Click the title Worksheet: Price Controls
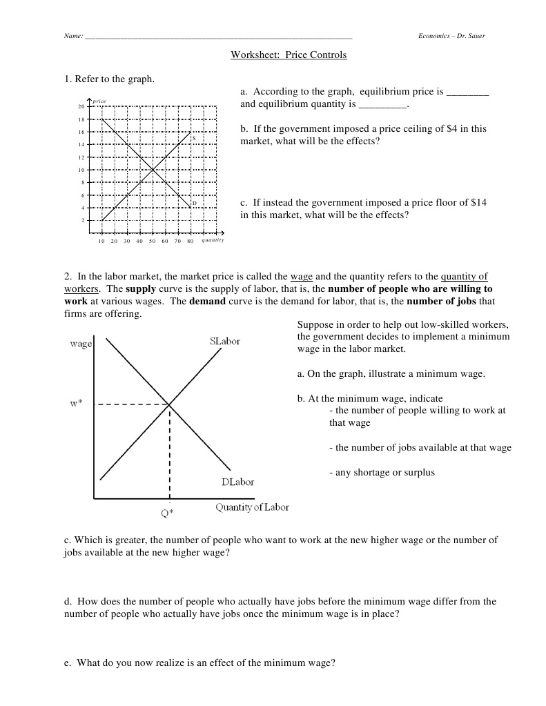coord(289,55)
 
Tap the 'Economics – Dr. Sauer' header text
coord(451,36)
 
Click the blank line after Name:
coord(218,37)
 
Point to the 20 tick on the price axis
coord(81,107)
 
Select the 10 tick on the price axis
coord(81,170)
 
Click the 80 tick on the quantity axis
coord(191,242)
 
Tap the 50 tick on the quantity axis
coord(153,242)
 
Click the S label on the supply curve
coord(194,138)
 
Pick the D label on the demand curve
coord(195,203)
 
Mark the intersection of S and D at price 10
coord(153,170)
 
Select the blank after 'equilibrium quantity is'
coord(383,106)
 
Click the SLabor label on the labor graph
coord(224,342)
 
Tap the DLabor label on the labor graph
coord(237,482)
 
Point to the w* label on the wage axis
coord(76,404)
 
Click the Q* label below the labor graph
coord(168,514)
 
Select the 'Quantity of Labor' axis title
coord(252,508)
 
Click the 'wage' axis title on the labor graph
coord(80,344)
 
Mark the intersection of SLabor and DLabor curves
coord(169,404)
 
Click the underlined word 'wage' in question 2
coord(301,276)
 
